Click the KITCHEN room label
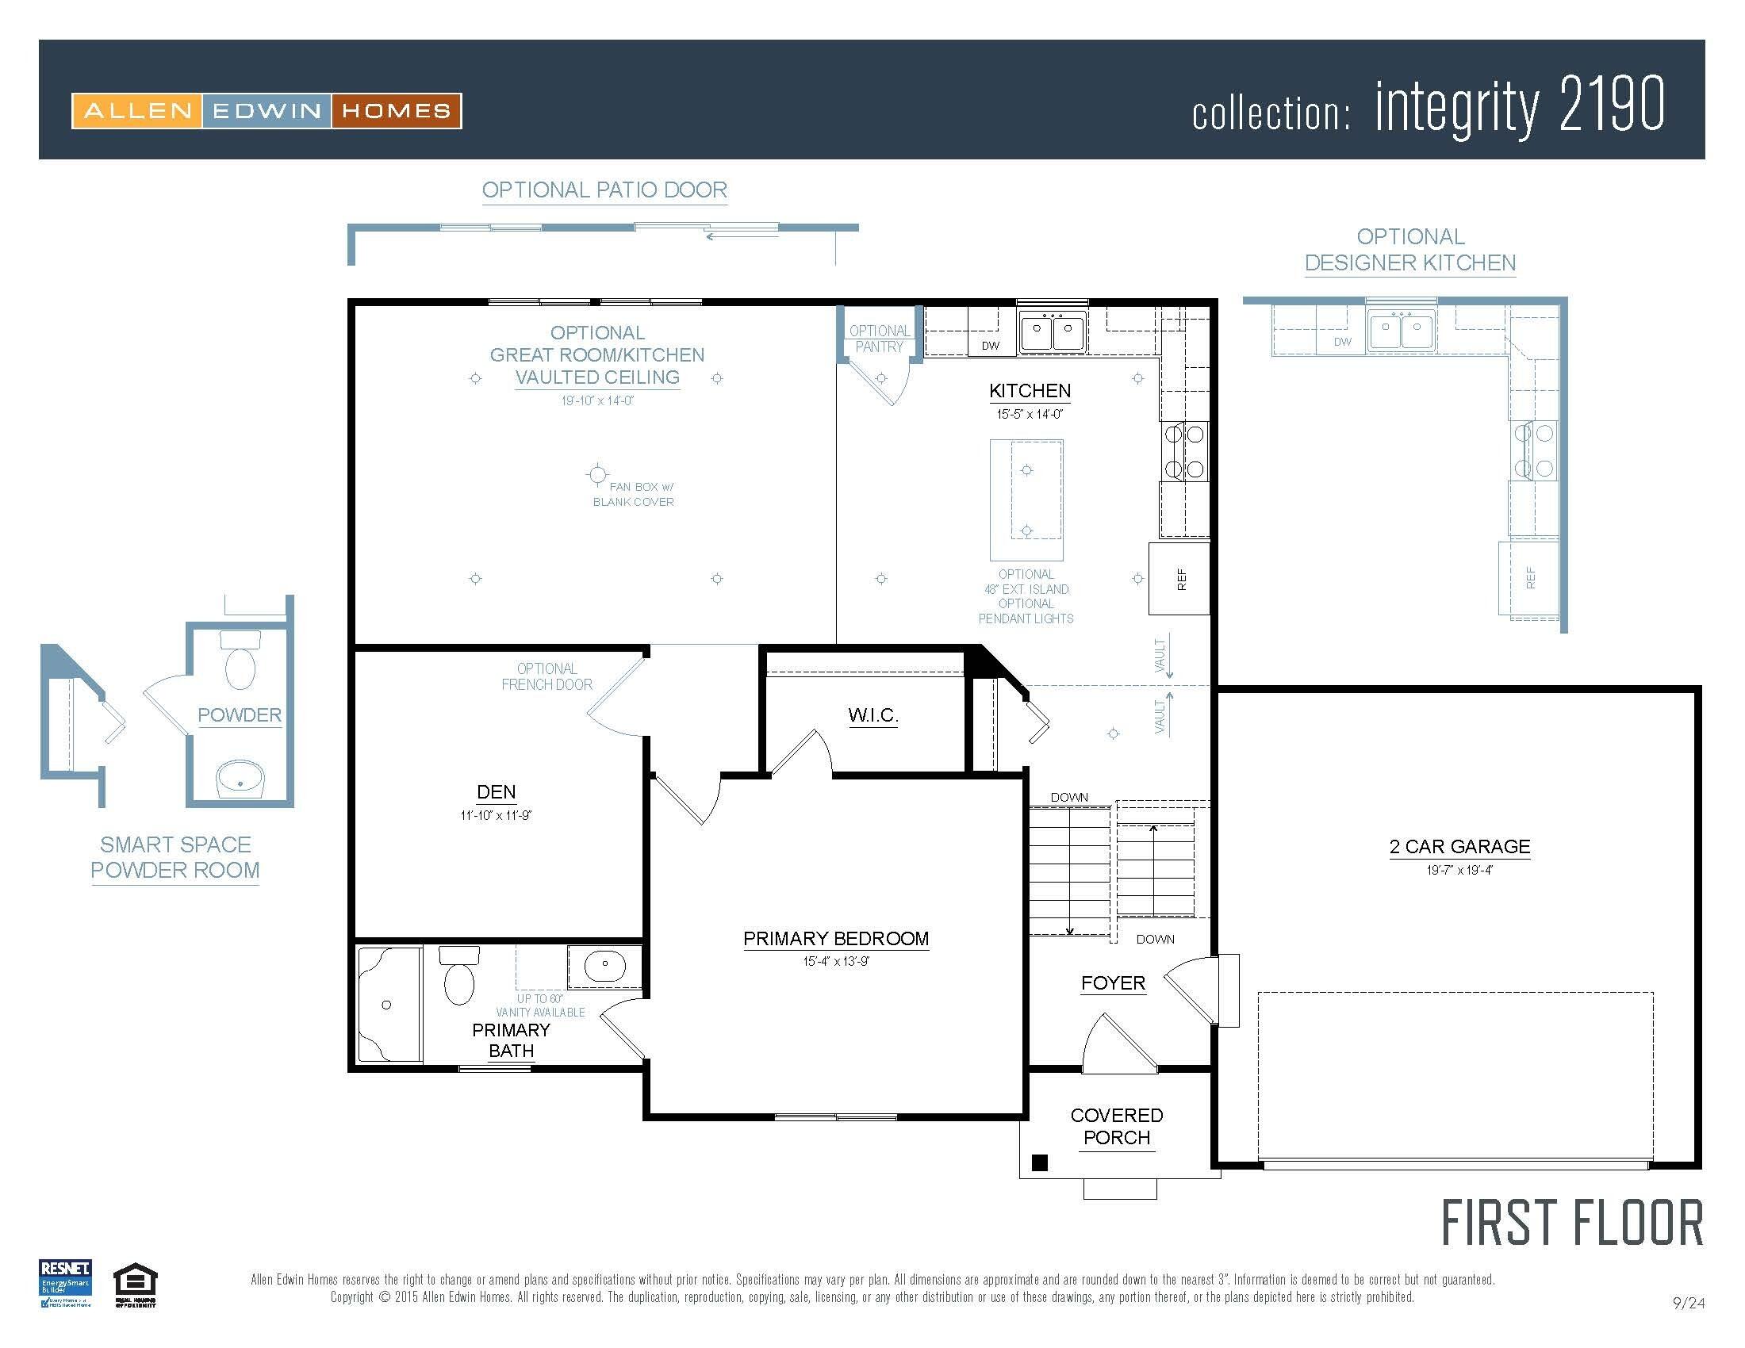click(x=1029, y=390)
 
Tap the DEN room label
click(x=496, y=791)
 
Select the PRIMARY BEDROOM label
click(x=836, y=938)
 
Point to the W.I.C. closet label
click(x=872, y=714)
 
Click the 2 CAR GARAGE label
click(x=1459, y=847)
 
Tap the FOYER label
click(x=1113, y=983)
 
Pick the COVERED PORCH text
click(x=1116, y=1126)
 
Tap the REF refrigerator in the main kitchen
click(x=1179, y=579)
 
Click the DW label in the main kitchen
click(x=990, y=346)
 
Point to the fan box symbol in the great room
click(x=596, y=475)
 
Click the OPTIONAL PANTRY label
click(x=879, y=339)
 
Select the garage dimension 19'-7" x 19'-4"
click(x=1459, y=870)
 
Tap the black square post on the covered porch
click(x=1040, y=1162)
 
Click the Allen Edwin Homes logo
click(x=266, y=111)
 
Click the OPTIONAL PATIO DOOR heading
click(x=604, y=190)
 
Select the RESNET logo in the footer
click(x=66, y=1283)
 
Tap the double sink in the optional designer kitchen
click(x=1401, y=329)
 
